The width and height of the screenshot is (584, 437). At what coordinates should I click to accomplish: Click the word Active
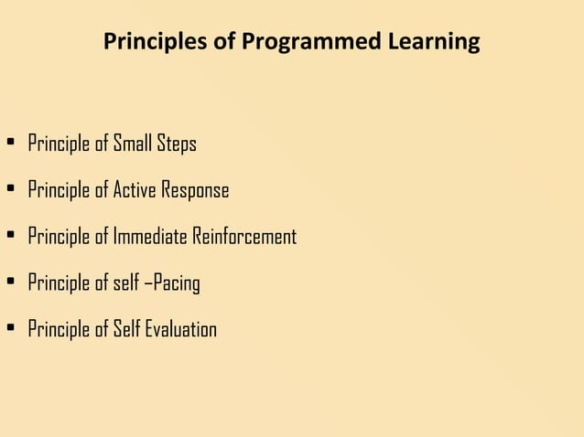pyautogui.click(x=135, y=190)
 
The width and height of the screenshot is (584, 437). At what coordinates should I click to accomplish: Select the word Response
pyautogui.click(x=196, y=191)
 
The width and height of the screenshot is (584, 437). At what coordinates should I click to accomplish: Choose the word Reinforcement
pyautogui.click(x=244, y=236)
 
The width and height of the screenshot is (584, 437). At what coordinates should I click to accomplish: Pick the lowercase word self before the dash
pyautogui.click(x=126, y=282)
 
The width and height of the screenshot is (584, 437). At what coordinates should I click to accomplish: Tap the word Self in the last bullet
pyautogui.click(x=127, y=328)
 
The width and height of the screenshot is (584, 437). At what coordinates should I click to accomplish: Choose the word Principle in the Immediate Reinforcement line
pyautogui.click(x=59, y=237)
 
